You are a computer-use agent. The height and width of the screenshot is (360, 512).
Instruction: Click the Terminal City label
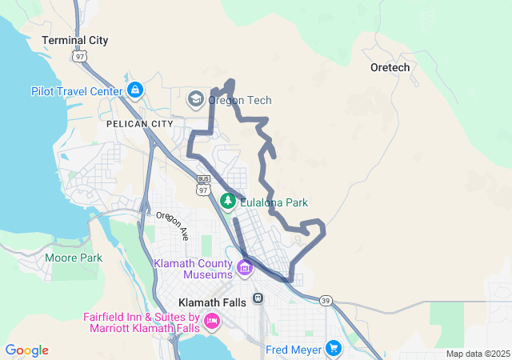click(74, 40)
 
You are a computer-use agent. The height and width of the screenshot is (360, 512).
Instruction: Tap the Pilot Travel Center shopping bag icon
click(134, 90)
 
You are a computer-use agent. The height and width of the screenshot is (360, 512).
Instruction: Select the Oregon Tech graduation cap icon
click(194, 99)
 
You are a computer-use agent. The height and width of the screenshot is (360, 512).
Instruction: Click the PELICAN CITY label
click(138, 125)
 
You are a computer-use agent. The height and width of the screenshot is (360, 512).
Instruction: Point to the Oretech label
click(390, 67)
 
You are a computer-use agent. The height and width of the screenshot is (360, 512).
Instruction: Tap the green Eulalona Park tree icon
click(229, 200)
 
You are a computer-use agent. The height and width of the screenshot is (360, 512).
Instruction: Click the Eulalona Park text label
click(274, 203)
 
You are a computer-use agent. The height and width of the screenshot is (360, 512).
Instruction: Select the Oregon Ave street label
click(172, 226)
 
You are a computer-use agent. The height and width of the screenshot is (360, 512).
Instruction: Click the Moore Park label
click(74, 258)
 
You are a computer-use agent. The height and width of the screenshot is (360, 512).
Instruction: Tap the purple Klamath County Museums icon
click(245, 267)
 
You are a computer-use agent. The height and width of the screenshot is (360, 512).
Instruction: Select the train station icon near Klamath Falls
click(258, 298)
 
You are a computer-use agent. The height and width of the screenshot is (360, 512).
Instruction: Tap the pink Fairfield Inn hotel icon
click(212, 322)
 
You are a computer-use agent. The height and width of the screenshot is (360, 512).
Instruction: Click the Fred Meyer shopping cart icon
click(334, 349)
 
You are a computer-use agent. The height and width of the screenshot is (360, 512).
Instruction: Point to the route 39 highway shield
click(326, 299)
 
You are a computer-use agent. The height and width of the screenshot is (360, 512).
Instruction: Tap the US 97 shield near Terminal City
click(78, 56)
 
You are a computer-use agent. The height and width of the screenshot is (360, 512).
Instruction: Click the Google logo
click(27, 350)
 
